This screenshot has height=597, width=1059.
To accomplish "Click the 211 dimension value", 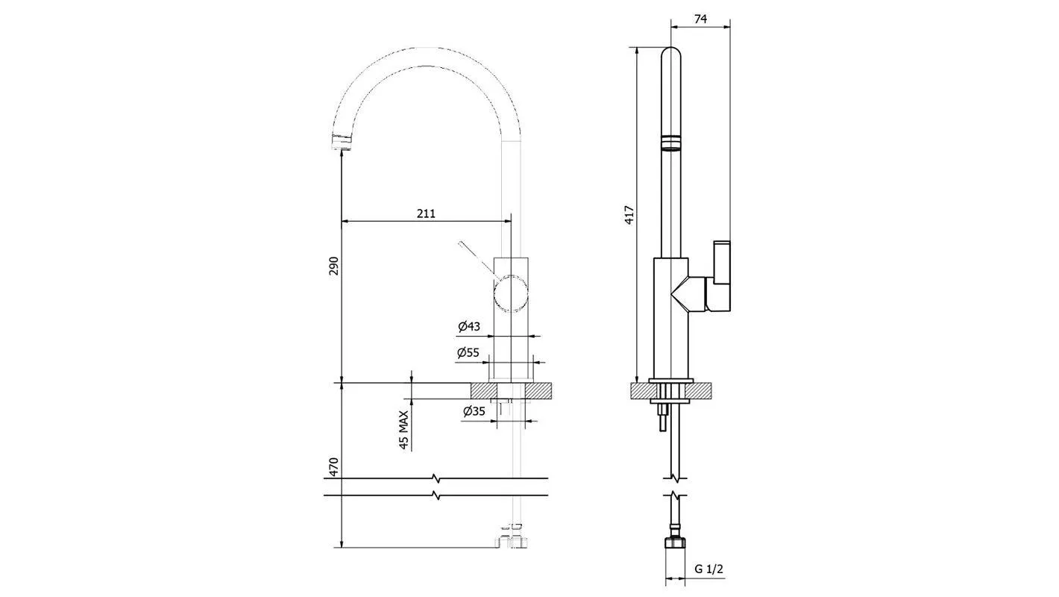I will coord(425,213).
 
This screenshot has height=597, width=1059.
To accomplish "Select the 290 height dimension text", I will coord(333,266).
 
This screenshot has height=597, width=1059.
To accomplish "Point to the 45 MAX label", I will coord(403,430).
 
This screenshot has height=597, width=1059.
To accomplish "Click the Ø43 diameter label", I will coord(468,326).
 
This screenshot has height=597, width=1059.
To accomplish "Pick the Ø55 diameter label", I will coord(468,353).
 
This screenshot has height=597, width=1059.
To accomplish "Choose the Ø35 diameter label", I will coord(474,410).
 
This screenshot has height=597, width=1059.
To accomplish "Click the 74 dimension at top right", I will coord(700,19).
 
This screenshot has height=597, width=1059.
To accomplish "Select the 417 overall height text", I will coord(629,215).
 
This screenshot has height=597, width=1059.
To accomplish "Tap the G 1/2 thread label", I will coord(709,569).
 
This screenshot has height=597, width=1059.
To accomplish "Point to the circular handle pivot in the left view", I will coord(512,293).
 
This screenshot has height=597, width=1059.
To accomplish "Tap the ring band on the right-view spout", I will coord(672,143).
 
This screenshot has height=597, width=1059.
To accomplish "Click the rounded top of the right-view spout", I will coord(672,56).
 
